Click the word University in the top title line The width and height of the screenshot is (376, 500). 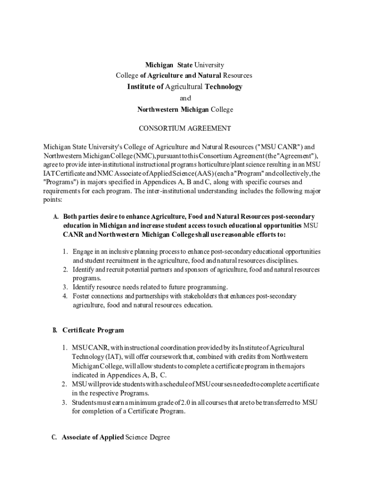point(209,65)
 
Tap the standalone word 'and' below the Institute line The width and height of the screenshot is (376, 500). point(185,98)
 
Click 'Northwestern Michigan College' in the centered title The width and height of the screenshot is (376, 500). point(185,109)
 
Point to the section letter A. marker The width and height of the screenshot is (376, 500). point(56,216)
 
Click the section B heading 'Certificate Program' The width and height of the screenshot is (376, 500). point(93,331)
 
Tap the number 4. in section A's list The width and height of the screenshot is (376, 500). point(65,296)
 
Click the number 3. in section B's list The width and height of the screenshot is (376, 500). point(64,402)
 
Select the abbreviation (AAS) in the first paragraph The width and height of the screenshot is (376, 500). point(182,173)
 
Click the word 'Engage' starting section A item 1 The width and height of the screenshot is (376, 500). point(83,251)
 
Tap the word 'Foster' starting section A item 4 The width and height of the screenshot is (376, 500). point(83,296)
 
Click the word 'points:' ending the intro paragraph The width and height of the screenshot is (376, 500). point(50,200)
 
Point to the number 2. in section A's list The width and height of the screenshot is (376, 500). point(65,270)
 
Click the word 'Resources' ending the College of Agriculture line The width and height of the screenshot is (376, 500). point(237,76)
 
